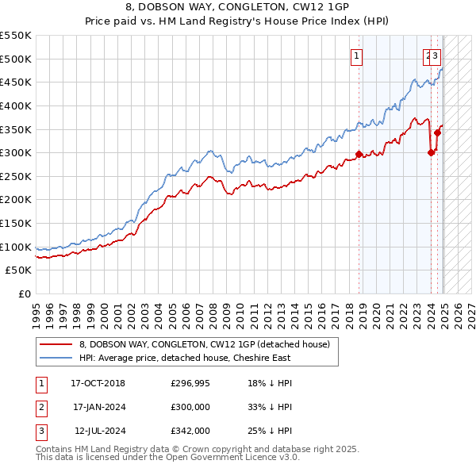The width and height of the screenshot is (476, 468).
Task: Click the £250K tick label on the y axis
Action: point(16,176)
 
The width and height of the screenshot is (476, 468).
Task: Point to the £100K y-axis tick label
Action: point(16,247)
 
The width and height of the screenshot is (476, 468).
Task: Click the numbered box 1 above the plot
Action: point(358,56)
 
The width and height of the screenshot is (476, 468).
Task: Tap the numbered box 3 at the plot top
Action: point(437,56)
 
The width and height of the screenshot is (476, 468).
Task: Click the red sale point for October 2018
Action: point(359,154)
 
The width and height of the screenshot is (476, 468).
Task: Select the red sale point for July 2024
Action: point(437,132)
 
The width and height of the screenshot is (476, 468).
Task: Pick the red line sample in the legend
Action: point(56,344)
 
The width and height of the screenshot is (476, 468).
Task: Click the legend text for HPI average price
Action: point(184,358)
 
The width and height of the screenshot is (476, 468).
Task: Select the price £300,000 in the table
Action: point(190,407)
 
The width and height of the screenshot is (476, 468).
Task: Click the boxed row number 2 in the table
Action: point(40,407)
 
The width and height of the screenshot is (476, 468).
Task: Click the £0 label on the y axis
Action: point(23,294)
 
